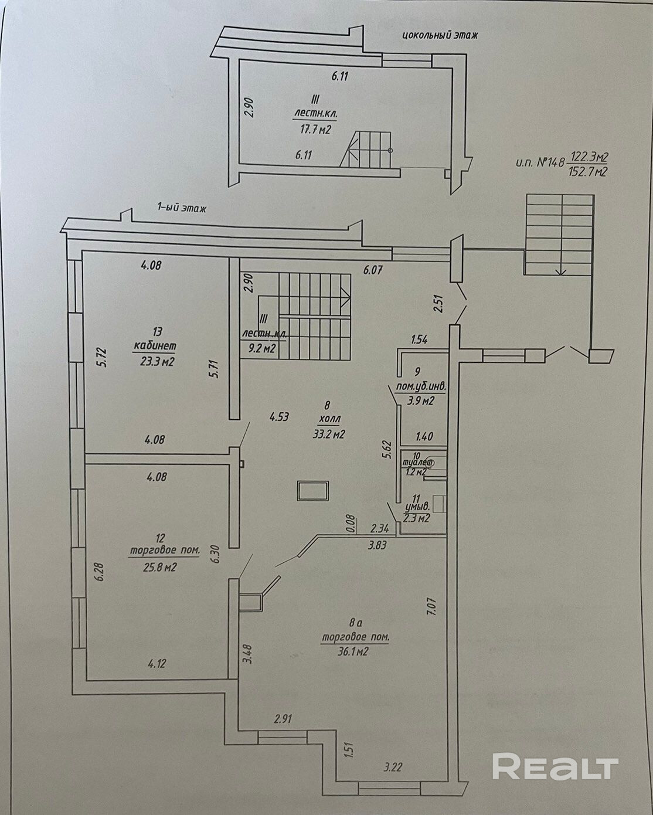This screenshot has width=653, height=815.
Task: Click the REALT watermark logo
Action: coord(555,768)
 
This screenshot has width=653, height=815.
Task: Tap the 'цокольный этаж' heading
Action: coord(440,35)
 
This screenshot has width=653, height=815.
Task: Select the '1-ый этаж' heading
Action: coord(181,208)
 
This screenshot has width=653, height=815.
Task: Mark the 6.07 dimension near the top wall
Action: coord(373,270)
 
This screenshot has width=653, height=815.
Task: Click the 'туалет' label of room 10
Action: coord(417,462)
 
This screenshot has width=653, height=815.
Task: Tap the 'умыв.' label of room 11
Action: coord(418,506)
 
